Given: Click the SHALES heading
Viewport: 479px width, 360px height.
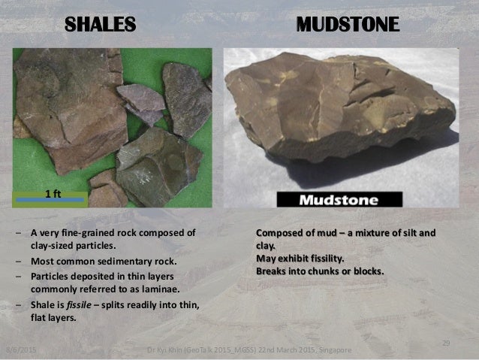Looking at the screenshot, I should coord(100,24).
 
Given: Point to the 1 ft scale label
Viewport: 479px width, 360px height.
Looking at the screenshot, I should coord(53,192).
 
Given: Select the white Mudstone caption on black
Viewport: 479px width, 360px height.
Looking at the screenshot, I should coord(339,200).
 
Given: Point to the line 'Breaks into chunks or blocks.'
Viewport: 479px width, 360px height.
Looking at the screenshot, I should coord(321,271).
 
